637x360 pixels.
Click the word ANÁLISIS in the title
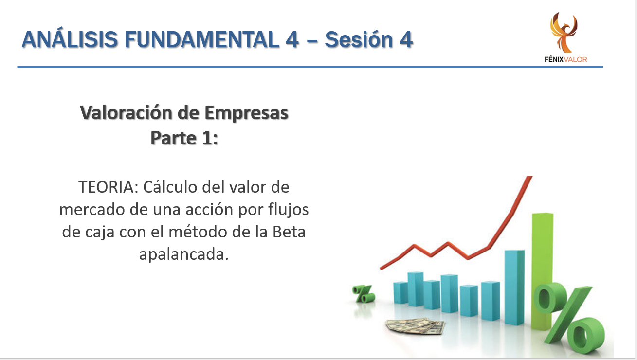click(70, 39)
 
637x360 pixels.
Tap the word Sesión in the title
click(359, 39)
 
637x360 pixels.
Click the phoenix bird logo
click(564, 32)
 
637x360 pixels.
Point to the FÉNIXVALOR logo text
click(565, 59)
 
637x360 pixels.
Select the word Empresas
click(246, 113)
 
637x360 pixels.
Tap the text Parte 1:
click(184, 138)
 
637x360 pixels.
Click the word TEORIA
click(109, 187)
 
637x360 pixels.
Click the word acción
click(209, 210)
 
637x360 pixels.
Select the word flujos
click(289, 210)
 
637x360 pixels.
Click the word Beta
click(289, 232)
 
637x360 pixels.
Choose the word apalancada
click(184, 255)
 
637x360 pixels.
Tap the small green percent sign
click(364, 294)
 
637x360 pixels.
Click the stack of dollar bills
click(415, 326)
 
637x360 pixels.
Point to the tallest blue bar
click(515, 288)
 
